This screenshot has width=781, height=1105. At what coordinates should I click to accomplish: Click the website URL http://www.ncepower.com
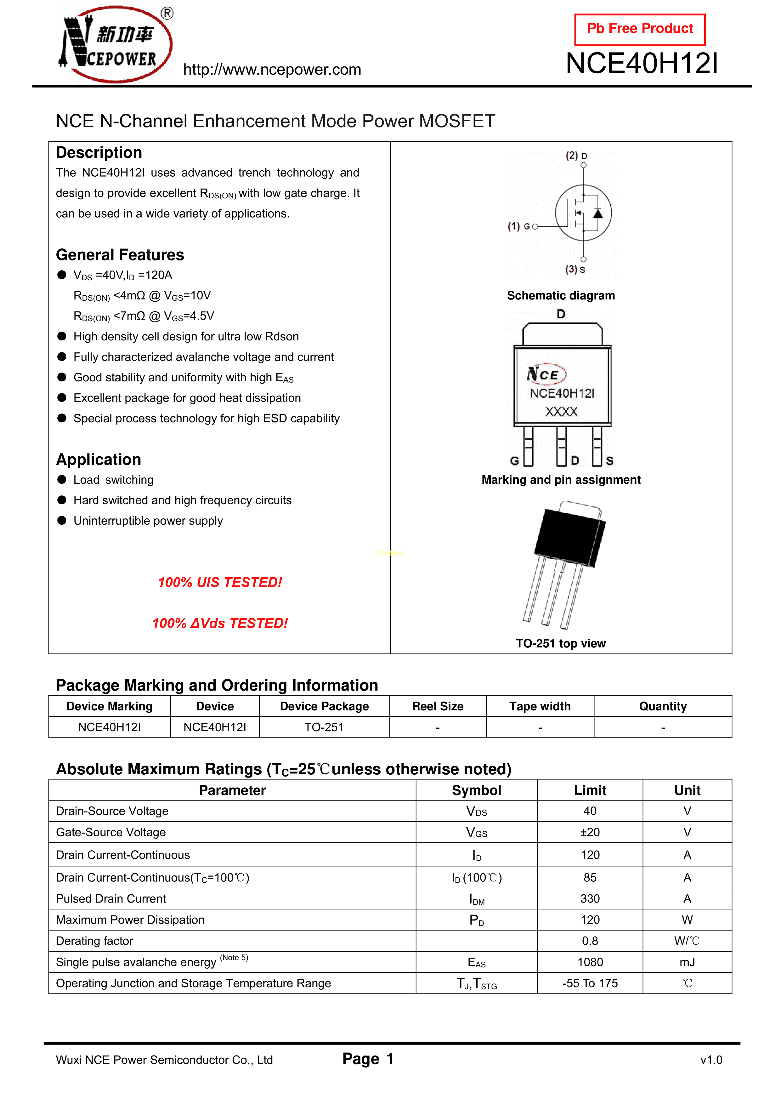pyautogui.click(x=272, y=70)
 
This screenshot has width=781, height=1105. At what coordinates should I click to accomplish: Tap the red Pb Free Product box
pyautogui.click(x=640, y=29)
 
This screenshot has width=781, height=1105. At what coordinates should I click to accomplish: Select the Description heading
pyautogui.click(x=99, y=152)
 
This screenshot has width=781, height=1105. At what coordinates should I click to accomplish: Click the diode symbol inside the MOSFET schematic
pyautogui.click(x=598, y=213)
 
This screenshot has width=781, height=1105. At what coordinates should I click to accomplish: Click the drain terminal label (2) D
pyautogui.click(x=576, y=156)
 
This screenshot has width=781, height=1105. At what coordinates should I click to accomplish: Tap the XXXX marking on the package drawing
pyautogui.click(x=561, y=412)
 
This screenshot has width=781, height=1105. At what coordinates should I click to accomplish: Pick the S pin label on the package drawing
pyautogui.click(x=610, y=461)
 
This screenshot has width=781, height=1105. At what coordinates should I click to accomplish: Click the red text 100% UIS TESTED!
pyautogui.click(x=220, y=582)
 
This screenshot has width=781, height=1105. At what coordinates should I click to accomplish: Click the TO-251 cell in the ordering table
pyautogui.click(x=324, y=727)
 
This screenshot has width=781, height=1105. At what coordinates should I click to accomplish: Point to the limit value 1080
pyautogui.click(x=590, y=962)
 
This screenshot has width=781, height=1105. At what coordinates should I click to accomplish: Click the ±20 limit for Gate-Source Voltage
pyautogui.click(x=590, y=832)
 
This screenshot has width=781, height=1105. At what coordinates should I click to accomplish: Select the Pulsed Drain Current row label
pyautogui.click(x=111, y=898)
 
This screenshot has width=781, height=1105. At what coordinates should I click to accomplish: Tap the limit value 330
pyautogui.click(x=590, y=898)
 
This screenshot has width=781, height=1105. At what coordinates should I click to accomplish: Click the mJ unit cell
pyautogui.click(x=687, y=962)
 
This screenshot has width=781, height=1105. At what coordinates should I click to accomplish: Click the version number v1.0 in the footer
pyautogui.click(x=711, y=1060)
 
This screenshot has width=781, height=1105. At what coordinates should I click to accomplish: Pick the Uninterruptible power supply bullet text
pyautogui.click(x=148, y=521)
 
